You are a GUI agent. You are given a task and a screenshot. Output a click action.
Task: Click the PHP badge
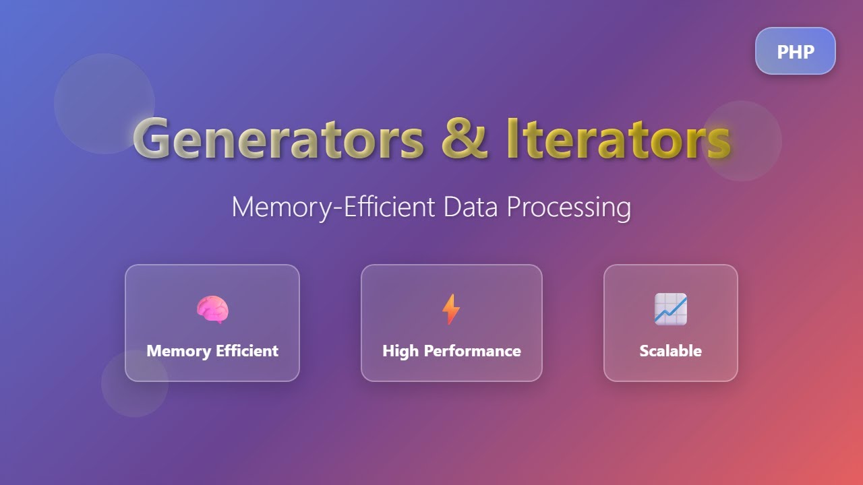pos(795,51)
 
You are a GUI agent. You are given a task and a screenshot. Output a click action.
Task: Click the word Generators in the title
pos(278,138)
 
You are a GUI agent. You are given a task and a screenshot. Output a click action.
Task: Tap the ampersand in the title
pos(465,138)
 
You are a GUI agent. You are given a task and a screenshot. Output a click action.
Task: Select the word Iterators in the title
pos(618,138)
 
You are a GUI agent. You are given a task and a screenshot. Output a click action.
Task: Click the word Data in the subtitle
pos(471,206)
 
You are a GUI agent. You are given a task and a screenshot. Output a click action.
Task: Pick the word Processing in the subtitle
pos(568,207)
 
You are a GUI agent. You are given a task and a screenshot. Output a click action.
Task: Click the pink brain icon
pos(212,310)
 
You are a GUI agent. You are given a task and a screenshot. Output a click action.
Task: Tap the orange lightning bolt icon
pos(450,310)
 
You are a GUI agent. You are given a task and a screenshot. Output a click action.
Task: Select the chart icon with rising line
pos(670,309)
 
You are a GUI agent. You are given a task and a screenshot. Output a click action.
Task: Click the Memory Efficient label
pos(212,351)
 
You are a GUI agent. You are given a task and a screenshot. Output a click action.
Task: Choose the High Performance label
pos(451,351)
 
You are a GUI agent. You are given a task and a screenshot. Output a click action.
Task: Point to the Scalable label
pos(670,351)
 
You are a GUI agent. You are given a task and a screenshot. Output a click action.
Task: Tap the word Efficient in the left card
pos(246,351)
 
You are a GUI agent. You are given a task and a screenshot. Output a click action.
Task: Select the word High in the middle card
pos(400,351)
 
